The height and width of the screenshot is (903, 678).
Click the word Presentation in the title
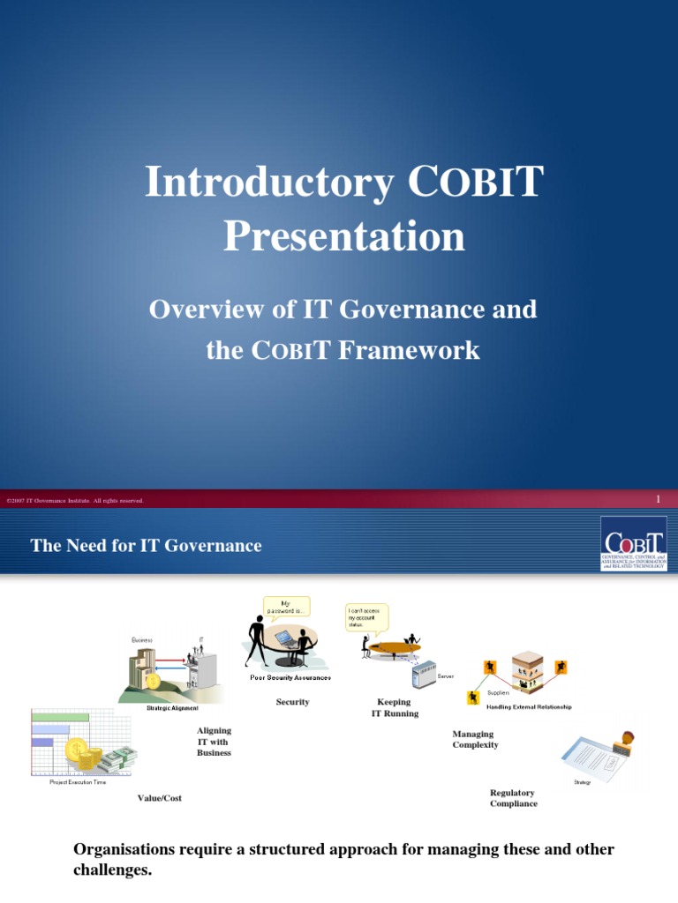[343, 236]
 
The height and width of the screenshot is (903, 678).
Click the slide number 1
[658, 500]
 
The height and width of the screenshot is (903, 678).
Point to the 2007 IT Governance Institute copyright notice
[75, 501]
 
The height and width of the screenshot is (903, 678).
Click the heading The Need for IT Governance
[146, 546]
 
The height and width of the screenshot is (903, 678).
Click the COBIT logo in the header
[633, 543]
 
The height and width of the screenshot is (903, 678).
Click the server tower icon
[424, 675]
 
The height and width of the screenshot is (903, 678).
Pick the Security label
[292, 702]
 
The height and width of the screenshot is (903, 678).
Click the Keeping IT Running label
[395, 707]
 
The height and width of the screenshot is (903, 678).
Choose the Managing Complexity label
[475, 739]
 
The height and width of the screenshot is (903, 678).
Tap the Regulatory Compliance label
[513, 798]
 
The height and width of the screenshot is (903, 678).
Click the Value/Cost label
[159, 798]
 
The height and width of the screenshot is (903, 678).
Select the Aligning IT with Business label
[214, 742]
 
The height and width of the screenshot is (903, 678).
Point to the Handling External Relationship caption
[529, 707]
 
